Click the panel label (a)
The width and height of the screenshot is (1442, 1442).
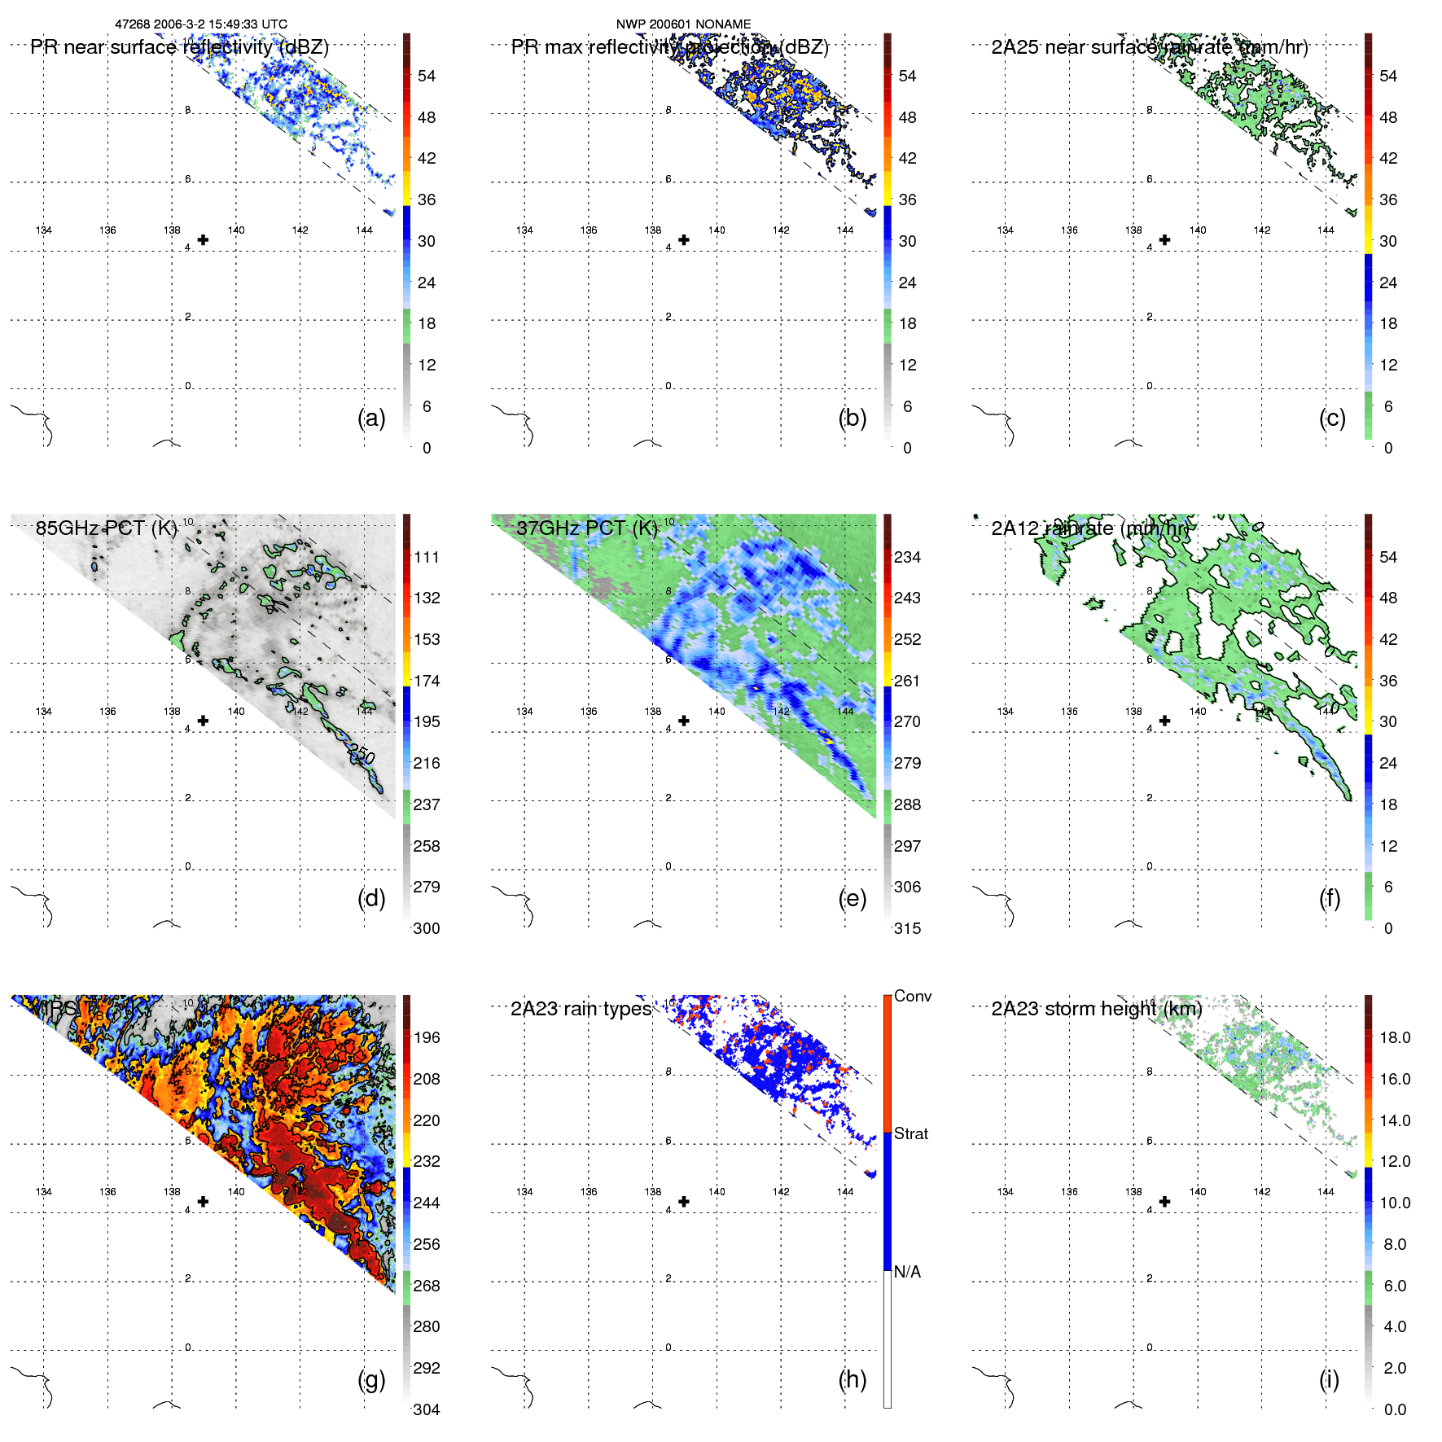pos(371,418)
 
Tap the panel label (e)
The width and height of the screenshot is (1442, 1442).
pos(852,898)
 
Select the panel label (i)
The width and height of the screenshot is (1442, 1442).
pos(1329,1379)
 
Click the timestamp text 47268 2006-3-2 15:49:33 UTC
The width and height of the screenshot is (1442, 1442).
pos(201,24)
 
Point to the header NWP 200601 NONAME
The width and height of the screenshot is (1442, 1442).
pos(683,24)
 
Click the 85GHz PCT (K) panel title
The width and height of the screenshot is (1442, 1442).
pos(106,528)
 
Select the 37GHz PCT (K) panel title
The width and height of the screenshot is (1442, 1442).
pos(587,528)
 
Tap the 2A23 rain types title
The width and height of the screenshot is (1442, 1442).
pos(581,1010)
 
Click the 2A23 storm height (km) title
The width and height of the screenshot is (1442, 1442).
pos(1096,1010)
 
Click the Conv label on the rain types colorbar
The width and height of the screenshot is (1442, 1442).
pos(912,996)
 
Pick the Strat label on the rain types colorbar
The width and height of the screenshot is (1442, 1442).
pos(910,1133)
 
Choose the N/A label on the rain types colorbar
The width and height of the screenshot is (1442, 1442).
pos(907,1272)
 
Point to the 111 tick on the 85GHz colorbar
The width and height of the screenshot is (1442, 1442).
pos(427,557)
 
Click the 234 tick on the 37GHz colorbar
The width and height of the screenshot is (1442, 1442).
pos(907,557)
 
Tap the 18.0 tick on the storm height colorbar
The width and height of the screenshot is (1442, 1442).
pos(1395,1037)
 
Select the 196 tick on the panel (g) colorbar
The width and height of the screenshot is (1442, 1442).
pos(427,1037)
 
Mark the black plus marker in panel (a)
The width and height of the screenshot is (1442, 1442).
pos(203,239)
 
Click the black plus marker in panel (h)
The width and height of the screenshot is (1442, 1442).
pos(684,1202)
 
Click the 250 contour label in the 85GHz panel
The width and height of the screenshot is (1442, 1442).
pos(362,755)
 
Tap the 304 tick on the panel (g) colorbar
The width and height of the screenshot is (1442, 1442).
pos(427,1409)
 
